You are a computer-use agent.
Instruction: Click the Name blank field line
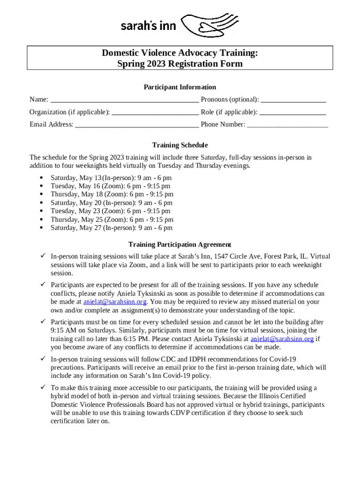coord(124,100)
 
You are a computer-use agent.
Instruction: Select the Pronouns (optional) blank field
coord(293,100)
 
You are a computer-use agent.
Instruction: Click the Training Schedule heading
coord(180,145)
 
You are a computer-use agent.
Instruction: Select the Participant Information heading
coord(180,87)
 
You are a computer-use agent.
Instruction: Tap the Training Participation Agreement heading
coord(180,245)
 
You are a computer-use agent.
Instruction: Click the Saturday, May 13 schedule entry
coord(111,178)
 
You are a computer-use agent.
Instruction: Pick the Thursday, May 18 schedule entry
coord(112,195)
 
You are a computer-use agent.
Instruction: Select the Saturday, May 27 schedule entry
coord(111,228)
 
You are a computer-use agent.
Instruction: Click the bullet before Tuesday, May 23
coord(42,211)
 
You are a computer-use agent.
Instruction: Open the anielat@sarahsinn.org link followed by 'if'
coord(282,339)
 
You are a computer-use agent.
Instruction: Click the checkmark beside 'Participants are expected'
coord(43,285)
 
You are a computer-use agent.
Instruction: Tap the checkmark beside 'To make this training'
coord(43,388)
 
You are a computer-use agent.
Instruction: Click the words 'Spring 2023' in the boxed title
coord(140,64)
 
